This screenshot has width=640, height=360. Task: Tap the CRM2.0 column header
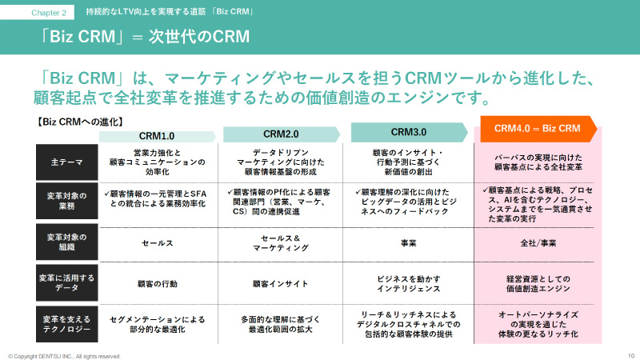(x=280, y=134)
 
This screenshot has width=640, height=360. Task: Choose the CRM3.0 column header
(x=408, y=132)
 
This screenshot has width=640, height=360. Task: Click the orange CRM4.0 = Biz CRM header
(x=537, y=128)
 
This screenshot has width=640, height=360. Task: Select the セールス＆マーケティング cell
(x=280, y=242)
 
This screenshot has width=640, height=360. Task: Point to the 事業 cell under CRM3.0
(x=408, y=242)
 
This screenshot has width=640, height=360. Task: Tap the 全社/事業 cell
(x=537, y=242)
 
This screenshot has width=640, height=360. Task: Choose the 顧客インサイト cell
(x=280, y=283)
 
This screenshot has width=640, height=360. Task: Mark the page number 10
(x=630, y=355)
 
